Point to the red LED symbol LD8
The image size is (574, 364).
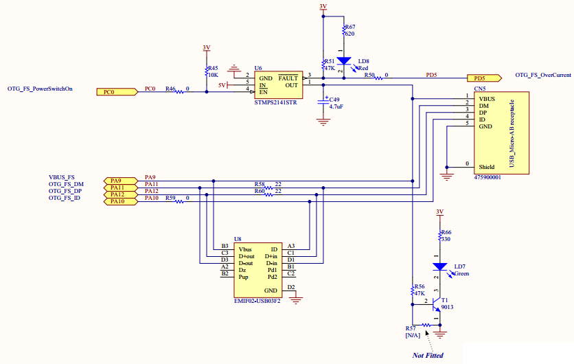coord(344,62)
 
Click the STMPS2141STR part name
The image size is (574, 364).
coord(275,102)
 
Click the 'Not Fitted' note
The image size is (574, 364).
coord(428,355)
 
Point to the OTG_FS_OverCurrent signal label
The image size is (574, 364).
coord(542,74)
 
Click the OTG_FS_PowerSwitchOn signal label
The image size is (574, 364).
coord(40,89)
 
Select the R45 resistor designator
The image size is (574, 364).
coord(213,68)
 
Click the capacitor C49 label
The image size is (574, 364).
coord(335,100)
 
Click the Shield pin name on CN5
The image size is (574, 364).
coord(487,167)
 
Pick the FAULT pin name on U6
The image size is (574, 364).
coord(288,78)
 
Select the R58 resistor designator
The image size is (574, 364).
coord(259,184)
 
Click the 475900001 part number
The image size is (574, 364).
coord(487,177)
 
